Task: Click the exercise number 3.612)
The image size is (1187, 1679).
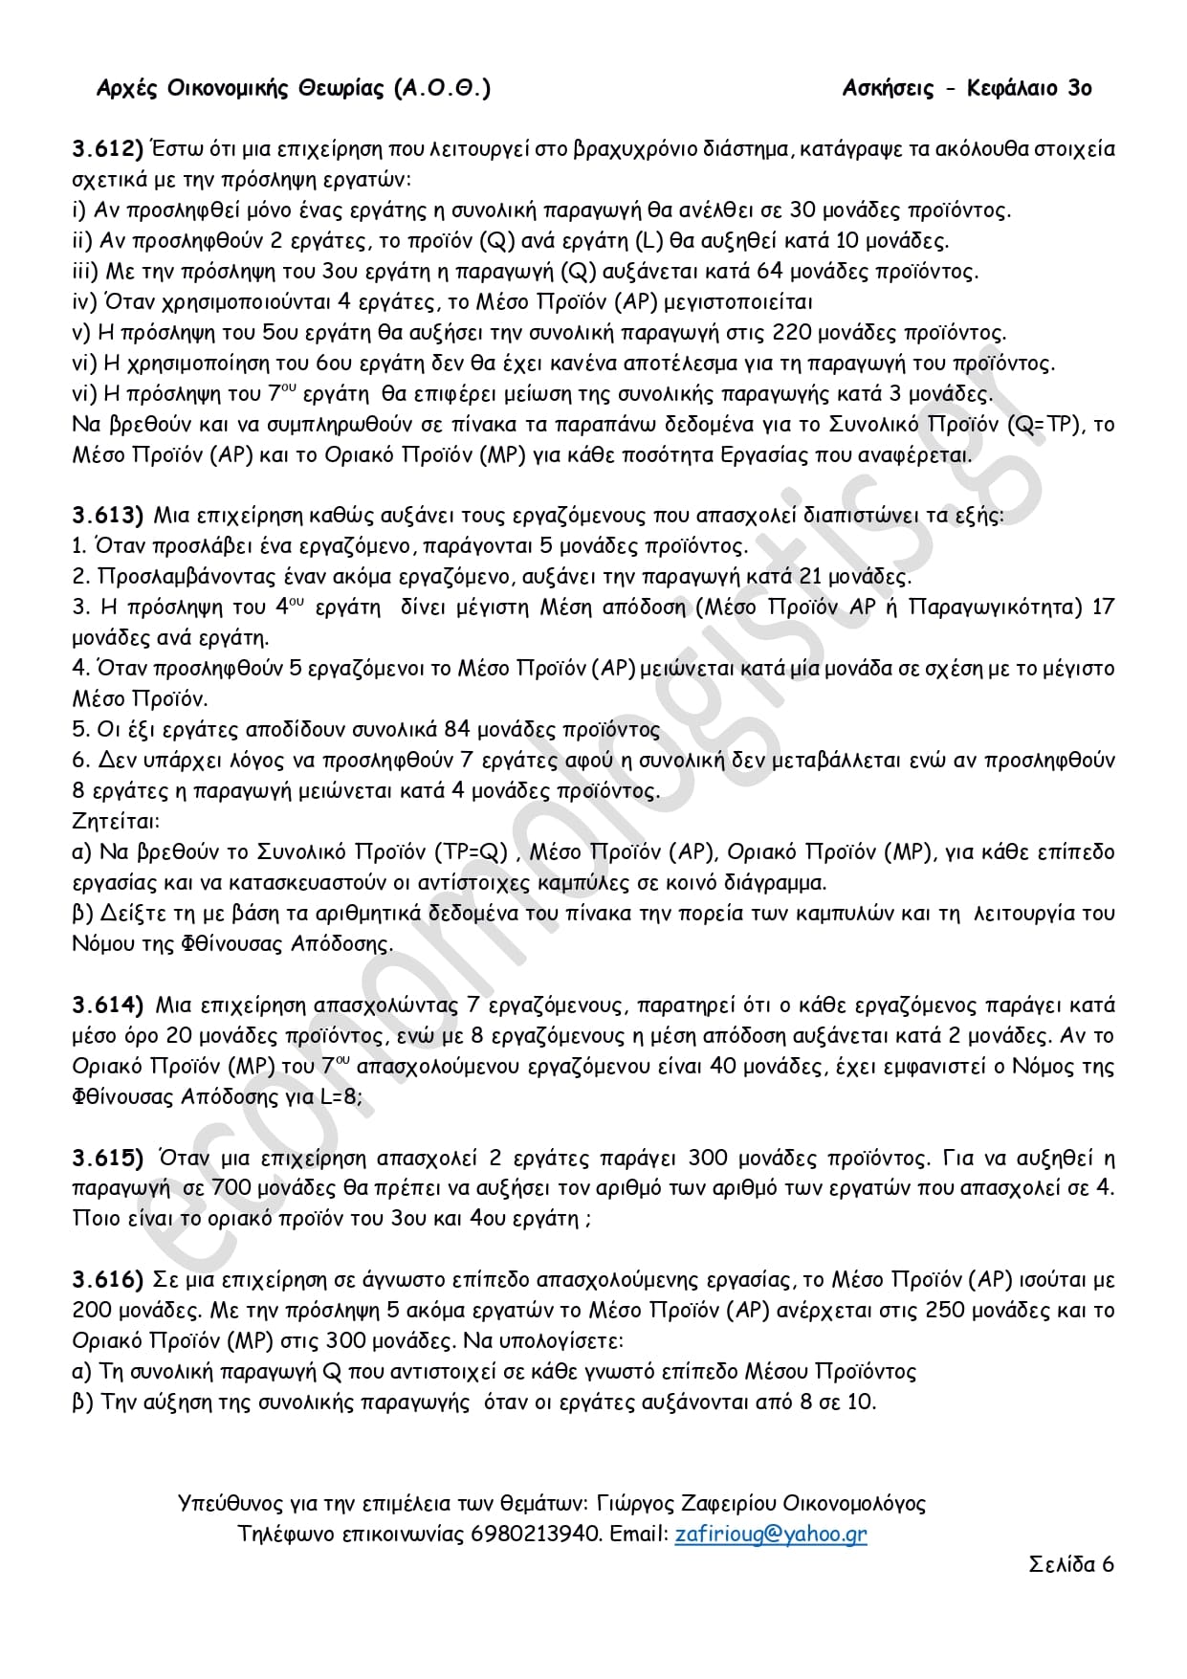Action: click(107, 148)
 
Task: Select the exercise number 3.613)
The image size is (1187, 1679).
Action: click(107, 516)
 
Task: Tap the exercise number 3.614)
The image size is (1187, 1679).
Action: click(107, 1005)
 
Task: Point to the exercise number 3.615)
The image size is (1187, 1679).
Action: click(107, 1159)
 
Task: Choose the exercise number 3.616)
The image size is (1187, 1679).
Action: click(107, 1281)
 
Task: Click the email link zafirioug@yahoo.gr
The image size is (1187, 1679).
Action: click(771, 1534)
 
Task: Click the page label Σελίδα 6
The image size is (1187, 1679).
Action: click(1071, 1564)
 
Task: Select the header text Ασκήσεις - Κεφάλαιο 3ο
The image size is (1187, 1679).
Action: click(967, 89)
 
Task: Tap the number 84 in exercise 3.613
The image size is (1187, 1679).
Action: click(457, 730)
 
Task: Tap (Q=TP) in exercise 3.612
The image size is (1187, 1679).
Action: click(1044, 424)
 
